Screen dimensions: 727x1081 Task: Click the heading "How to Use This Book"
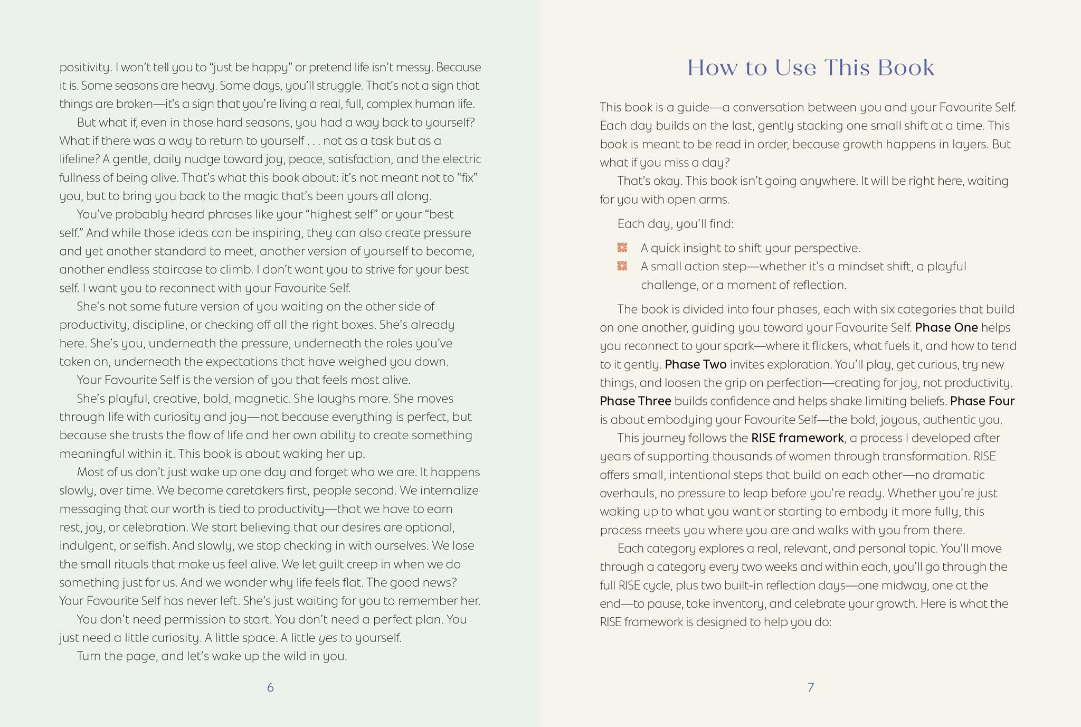[x=810, y=68]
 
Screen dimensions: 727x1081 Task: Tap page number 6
[x=270, y=687]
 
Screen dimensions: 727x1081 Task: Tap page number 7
[x=811, y=687]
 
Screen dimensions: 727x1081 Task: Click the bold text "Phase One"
[x=946, y=327]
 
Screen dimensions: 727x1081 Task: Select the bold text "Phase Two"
[x=696, y=364]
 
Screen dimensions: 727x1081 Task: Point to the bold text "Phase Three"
[x=636, y=401]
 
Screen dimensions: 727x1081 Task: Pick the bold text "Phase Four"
[x=982, y=401]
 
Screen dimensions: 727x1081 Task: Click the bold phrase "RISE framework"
[x=798, y=438]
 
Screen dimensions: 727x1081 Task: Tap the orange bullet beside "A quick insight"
[x=622, y=248]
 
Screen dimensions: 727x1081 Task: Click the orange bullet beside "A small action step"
[x=622, y=266]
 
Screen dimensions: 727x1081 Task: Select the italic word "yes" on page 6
[x=328, y=638]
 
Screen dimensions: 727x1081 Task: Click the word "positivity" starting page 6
[x=84, y=68]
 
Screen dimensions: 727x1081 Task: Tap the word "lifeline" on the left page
[x=78, y=159]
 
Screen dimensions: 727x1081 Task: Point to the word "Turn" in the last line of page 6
[x=88, y=656]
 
